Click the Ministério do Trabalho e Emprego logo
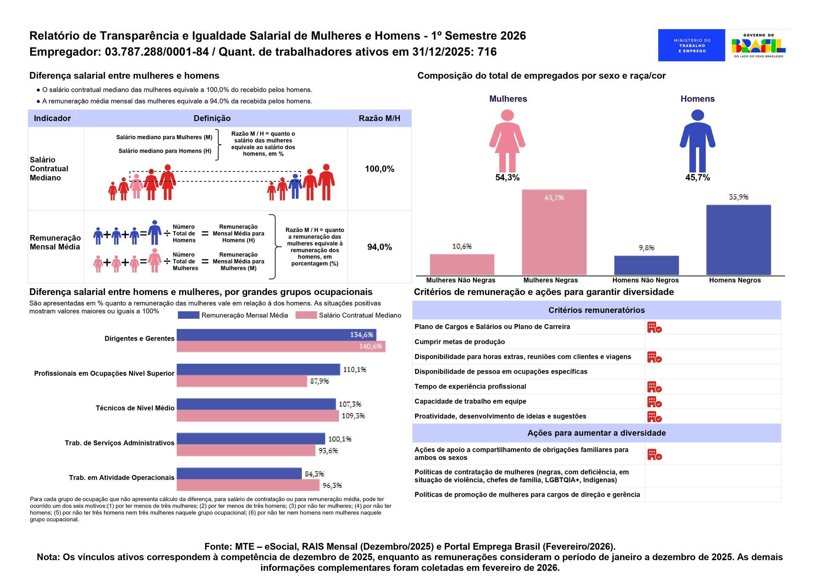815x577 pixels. pos(691,45)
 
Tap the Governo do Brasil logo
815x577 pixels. pos(758,45)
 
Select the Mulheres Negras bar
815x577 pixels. pos(554,232)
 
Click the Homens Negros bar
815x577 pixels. pos(738,240)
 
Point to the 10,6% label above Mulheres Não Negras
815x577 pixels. pos(462,246)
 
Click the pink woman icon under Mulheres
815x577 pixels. pos(507,141)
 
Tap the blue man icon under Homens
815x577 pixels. pos(697,141)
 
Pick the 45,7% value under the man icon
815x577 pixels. pos(697,177)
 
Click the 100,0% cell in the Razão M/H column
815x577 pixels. pos(379,169)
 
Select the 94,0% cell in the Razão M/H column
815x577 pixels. pos(379,247)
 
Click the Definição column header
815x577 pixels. pos(212,118)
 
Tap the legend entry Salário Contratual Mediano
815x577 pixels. pos(360,315)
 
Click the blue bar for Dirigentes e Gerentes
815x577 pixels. pos(276,335)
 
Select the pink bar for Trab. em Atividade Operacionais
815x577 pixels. pos(248,485)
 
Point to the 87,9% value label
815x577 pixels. pos(319,381)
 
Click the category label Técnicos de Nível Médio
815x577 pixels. pos(135,408)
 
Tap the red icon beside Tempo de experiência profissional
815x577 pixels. pos(654,387)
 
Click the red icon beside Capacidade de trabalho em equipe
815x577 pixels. pos(654,402)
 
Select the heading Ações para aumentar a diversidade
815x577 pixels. pos(596,433)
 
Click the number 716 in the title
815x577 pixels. pos(487,52)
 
